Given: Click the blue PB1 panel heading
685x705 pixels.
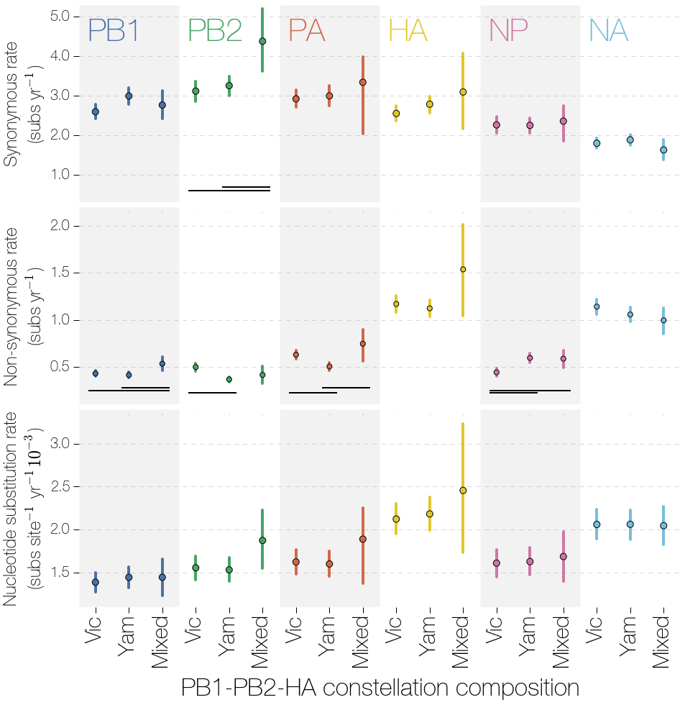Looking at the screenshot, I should coord(113,31).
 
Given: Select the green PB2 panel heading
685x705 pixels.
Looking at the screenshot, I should coord(214,31).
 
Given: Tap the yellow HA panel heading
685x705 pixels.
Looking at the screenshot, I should coord(408,31).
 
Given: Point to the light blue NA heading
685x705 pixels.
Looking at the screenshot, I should coord(608,31).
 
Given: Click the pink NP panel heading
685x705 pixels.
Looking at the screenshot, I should coord(508,31).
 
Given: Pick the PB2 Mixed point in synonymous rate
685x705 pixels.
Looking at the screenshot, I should coord(262,41).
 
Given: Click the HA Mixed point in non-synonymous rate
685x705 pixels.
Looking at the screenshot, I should coord(463,270).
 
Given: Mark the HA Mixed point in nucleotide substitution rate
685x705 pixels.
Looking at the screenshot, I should coord(463,491).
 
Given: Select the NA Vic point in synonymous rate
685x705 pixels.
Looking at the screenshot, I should coord(597,143).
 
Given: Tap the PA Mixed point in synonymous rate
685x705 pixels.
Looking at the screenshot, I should coord(363,82).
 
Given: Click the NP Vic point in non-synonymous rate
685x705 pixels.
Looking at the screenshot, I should coord(496,372).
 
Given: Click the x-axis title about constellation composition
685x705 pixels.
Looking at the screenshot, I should coord(380,687).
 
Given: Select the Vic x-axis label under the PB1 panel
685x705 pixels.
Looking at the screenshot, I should coord(95,630).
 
